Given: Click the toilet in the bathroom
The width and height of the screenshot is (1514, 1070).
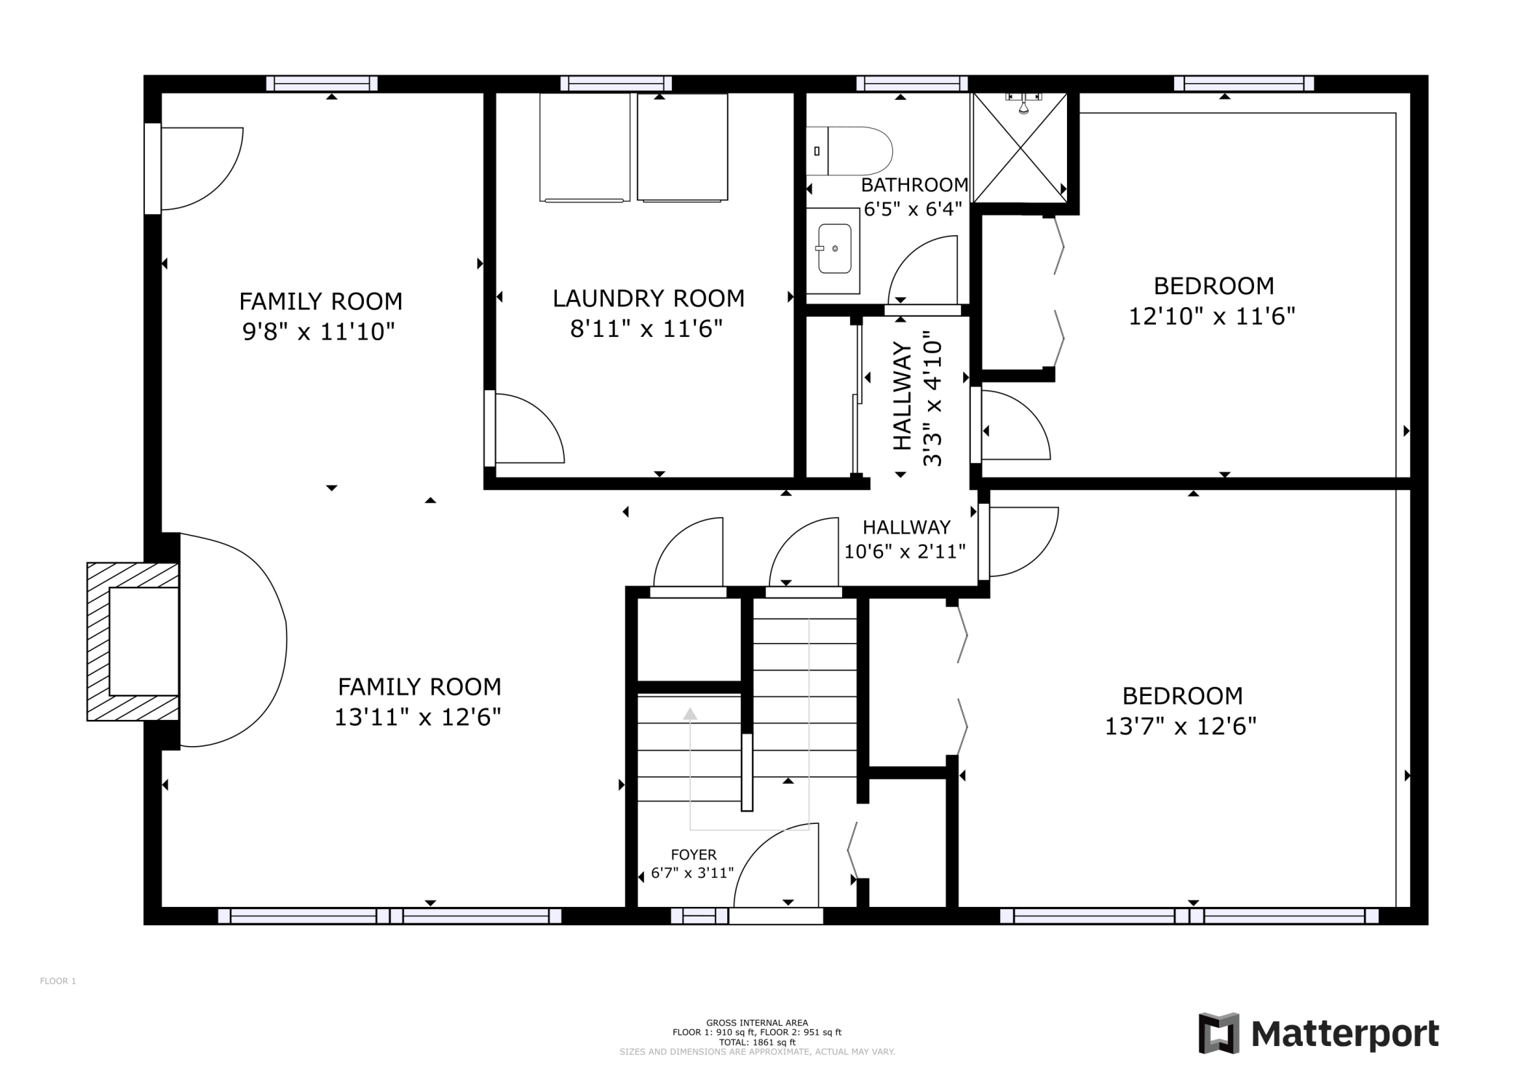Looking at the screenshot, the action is click(x=849, y=151).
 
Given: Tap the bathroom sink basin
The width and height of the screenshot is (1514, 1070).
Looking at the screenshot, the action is click(x=835, y=248).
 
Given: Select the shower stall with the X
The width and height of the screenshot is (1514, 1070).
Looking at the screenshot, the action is click(x=1020, y=148).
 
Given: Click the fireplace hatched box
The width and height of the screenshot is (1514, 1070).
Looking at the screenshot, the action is click(x=133, y=641).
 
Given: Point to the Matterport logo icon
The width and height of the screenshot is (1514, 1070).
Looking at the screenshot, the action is click(x=1218, y=1033).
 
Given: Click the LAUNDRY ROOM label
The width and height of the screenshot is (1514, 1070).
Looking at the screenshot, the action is click(x=649, y=298).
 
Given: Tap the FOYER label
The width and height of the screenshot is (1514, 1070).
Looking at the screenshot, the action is click(x=694, y=855).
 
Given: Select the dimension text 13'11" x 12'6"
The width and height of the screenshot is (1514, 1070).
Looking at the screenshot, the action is click(x=418, y=718).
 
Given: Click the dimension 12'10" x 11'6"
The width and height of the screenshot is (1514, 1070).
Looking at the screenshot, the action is click(x=1212, y=317).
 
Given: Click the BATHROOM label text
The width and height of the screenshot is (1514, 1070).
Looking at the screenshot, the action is click(x=915, y=185).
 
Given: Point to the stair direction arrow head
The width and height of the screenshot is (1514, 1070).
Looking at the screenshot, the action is click(x=690, y=713).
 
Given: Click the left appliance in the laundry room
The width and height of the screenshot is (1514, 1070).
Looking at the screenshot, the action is click(x=584, y=147).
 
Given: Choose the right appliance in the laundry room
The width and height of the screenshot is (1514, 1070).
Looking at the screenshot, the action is click(x=682, y=147).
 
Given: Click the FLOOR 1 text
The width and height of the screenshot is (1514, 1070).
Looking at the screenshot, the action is click(x=58, y=981).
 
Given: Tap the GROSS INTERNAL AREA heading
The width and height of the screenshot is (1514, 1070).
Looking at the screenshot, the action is click(x=757, y=1023).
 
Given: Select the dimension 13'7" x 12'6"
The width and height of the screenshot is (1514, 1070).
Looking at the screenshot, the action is click(x=1181, y=726).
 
